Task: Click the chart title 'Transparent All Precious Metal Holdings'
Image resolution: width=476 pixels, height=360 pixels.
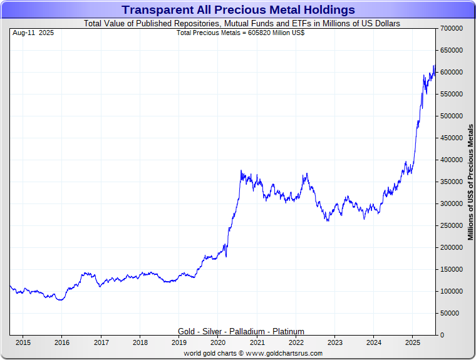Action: [238, 10]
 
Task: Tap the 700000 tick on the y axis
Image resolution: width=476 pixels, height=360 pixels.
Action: [450, 29]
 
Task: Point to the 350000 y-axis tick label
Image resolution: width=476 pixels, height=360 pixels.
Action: [450, 182]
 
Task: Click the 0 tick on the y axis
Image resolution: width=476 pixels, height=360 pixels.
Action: [442, 336]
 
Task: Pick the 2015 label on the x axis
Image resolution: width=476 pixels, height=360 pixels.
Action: [23, 342]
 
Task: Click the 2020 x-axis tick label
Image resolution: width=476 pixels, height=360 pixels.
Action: [218, 342]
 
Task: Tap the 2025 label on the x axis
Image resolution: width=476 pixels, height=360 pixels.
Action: [413, 342]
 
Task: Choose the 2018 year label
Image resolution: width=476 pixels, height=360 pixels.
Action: [140, 342]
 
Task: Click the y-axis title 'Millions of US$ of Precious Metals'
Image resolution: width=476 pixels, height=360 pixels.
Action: [470, 182]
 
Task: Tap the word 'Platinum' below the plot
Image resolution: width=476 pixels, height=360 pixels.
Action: [287, 331]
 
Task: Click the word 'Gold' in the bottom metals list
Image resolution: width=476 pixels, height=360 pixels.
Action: [187, 331]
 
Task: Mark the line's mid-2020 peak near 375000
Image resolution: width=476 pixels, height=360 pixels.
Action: [241, 170]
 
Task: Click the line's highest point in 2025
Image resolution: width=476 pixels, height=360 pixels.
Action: [434, 65]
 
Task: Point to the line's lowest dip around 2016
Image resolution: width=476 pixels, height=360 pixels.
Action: [60, 300]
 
